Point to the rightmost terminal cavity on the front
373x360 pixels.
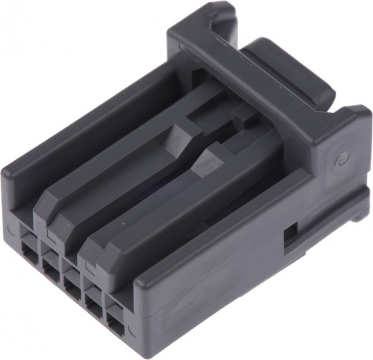tap(114, 321)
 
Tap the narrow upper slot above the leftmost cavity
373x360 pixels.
tap(28, 233)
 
